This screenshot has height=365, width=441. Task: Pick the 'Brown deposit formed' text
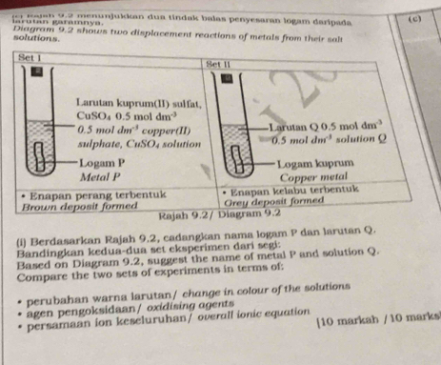pos(74,203)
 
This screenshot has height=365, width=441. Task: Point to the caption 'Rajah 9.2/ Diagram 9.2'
pos(202,213)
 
